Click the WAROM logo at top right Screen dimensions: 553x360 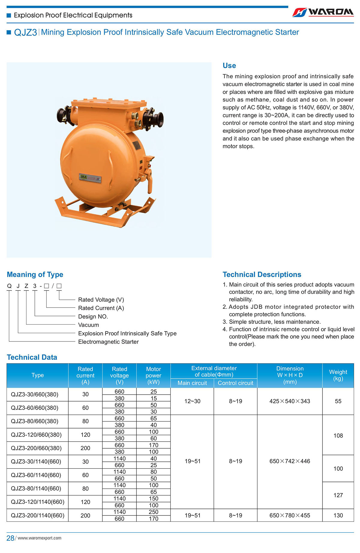tap(323, 12)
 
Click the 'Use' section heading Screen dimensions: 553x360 tap(229, 66)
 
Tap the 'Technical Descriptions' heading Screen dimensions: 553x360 tap(262, 275)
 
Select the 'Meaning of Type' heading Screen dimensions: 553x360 tap(35, 275)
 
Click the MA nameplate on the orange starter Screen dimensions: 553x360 tap(90, 178)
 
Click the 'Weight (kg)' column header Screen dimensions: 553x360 tap(338, 375)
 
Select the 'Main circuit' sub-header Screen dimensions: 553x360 tap(192, 383)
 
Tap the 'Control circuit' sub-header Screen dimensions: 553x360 tap(235, 383)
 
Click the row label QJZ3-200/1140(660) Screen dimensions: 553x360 tap(37, 515)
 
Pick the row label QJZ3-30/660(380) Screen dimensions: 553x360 tap(34, 394)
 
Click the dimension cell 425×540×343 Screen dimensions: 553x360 tap(289, 401)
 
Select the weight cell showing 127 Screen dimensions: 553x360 tap(338, 495)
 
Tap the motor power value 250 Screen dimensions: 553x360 tap(153, 512)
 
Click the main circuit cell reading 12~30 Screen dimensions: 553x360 tap(192, 401)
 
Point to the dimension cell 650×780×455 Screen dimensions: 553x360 tap(289, 515)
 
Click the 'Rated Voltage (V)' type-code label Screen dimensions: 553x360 tap(101, 300)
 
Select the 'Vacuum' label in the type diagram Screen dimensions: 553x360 tap(88, 325)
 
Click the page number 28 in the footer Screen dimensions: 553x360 tap(10, 538)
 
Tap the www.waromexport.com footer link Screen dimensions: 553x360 tap(39, 538)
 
